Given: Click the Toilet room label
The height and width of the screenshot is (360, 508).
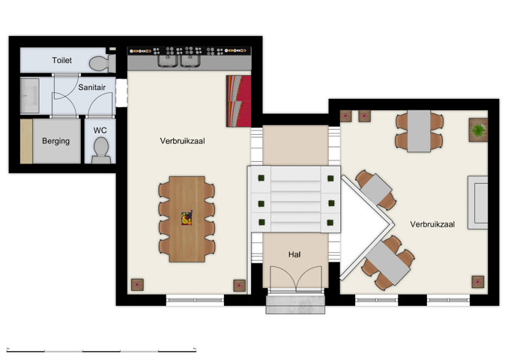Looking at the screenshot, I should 62,60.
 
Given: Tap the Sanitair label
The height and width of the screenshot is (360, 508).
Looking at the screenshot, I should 91,87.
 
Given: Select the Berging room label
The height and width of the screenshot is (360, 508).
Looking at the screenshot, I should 56,141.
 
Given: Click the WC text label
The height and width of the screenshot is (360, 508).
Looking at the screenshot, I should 100,130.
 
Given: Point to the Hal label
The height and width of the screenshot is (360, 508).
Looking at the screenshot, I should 294,255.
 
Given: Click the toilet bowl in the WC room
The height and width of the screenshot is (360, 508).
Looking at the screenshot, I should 100,152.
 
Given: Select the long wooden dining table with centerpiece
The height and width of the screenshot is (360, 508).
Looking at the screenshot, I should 187,218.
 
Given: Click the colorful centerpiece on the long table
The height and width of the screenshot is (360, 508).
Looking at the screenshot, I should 187,218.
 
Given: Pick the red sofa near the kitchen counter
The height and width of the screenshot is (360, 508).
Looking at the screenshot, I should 238,101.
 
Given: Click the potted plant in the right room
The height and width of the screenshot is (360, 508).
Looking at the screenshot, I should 478,130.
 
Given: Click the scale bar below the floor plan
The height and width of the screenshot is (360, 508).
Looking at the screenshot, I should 101,349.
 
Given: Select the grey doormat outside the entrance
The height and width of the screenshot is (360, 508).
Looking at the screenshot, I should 296,304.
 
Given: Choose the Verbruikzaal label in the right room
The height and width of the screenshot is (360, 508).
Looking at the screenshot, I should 432,224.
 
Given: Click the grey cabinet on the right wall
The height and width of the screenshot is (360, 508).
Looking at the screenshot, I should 477,202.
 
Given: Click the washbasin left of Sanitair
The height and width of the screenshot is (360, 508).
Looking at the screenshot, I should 30,96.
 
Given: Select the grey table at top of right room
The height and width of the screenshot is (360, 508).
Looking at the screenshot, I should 420,130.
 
